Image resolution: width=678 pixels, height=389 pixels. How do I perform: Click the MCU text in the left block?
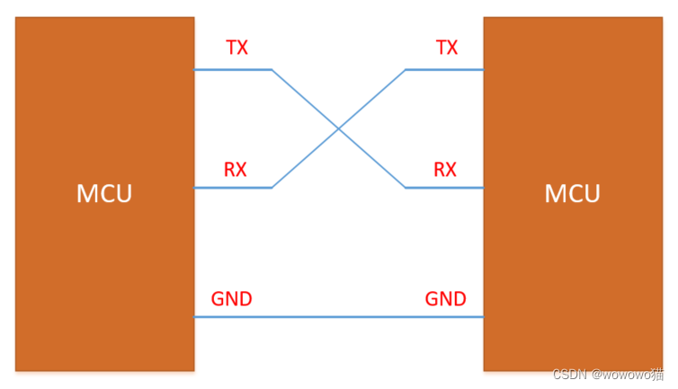coord(104,193)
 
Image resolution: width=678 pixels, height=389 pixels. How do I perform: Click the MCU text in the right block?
coord(573,193)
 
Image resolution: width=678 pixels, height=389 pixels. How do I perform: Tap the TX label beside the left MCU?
coord(236,48)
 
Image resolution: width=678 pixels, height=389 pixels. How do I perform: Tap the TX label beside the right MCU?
coord(446,48)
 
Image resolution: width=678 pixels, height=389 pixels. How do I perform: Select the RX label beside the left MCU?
coord(236,169)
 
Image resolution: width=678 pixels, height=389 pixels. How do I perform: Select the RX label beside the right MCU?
coord(445,169)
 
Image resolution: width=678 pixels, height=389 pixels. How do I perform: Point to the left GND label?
coord(231,299)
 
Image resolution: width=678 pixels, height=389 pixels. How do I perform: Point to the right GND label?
coord(446,299)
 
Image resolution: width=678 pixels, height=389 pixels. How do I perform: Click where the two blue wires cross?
coord(339,128)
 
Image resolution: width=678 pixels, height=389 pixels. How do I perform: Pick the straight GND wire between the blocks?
coord(339,317)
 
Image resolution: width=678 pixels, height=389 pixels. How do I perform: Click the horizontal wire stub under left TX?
coord(233,69)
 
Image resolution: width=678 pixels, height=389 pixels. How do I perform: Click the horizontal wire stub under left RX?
coord(233,188)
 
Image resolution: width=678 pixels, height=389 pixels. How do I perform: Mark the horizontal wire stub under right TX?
coord(444,69)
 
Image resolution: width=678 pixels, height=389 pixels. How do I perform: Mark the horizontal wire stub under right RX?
coord(444,188)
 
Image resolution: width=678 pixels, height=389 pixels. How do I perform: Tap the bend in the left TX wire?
coord(272,69)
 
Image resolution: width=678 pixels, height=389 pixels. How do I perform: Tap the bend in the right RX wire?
coord(406,188)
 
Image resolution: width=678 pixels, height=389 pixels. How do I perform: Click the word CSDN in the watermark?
coord(569,375)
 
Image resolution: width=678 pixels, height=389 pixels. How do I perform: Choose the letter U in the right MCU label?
coord(592,193)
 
